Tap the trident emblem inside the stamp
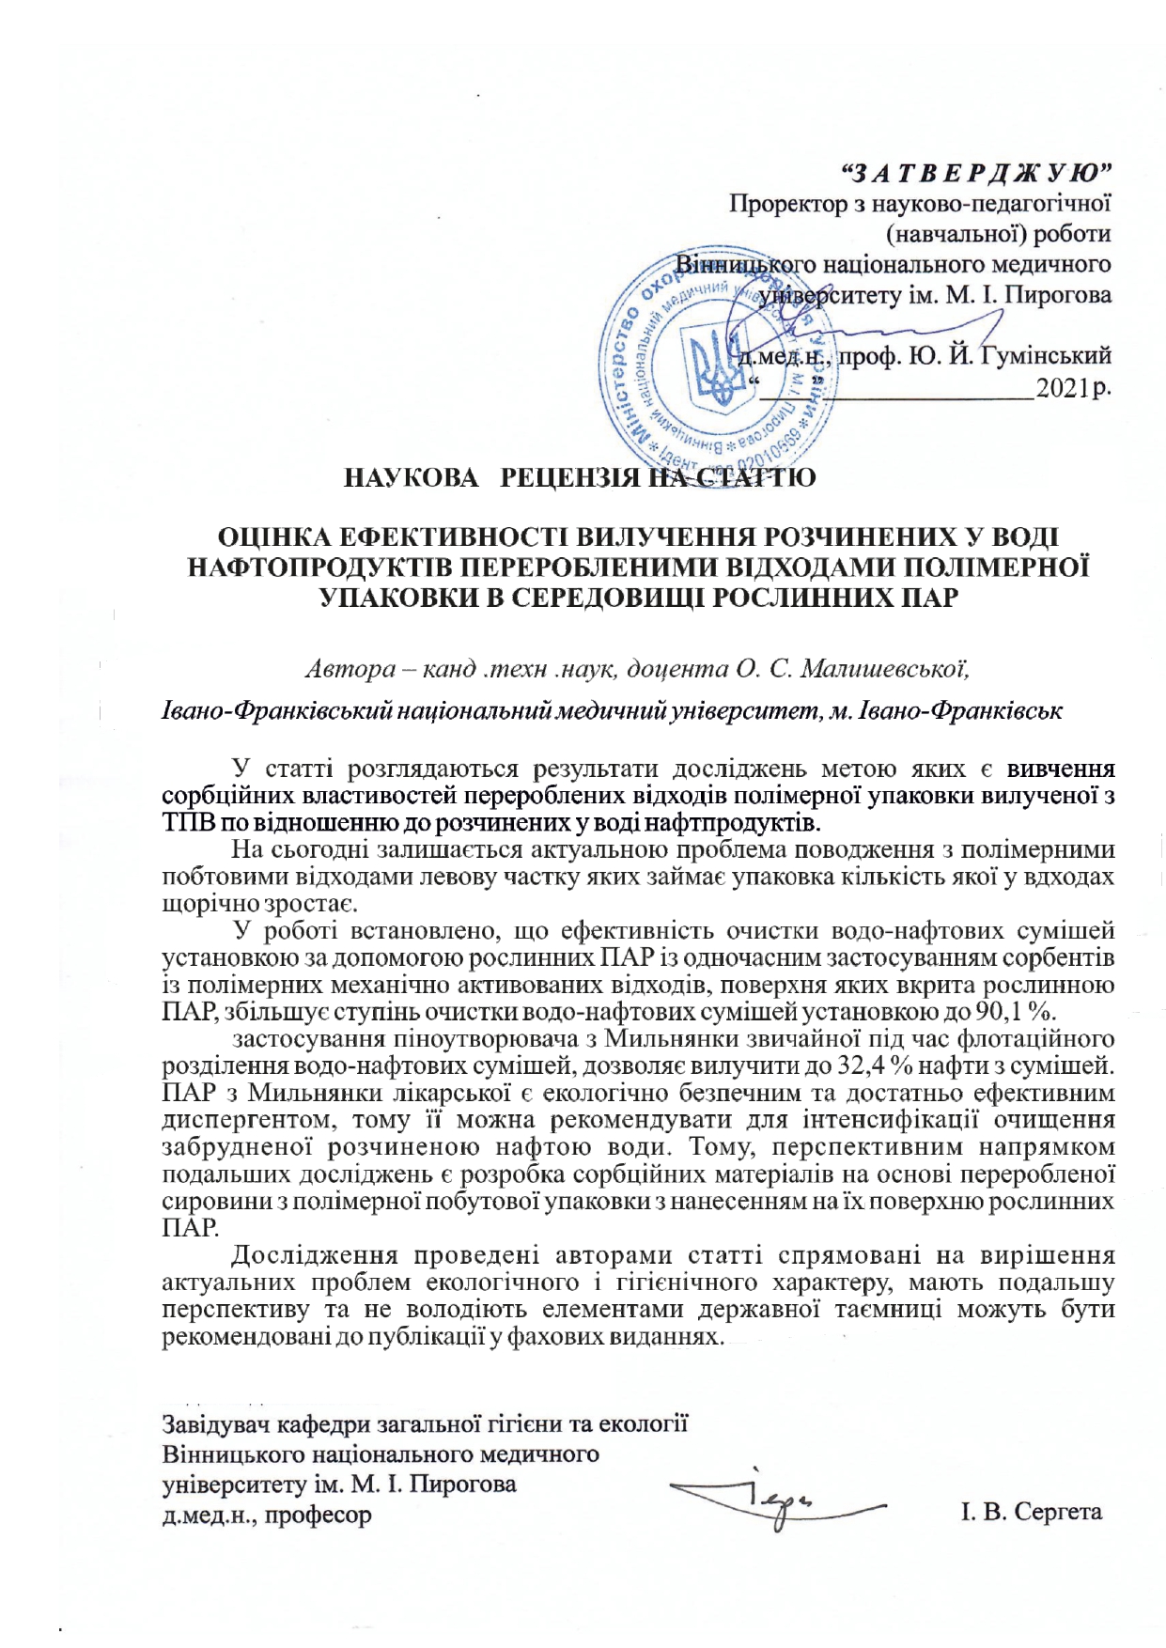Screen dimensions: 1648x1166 [x=717, y=371]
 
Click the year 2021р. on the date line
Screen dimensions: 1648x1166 [x=1072, y=388]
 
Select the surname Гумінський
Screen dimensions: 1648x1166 [x=1046, y=356]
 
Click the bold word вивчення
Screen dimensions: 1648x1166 [x=1061, y=769]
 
